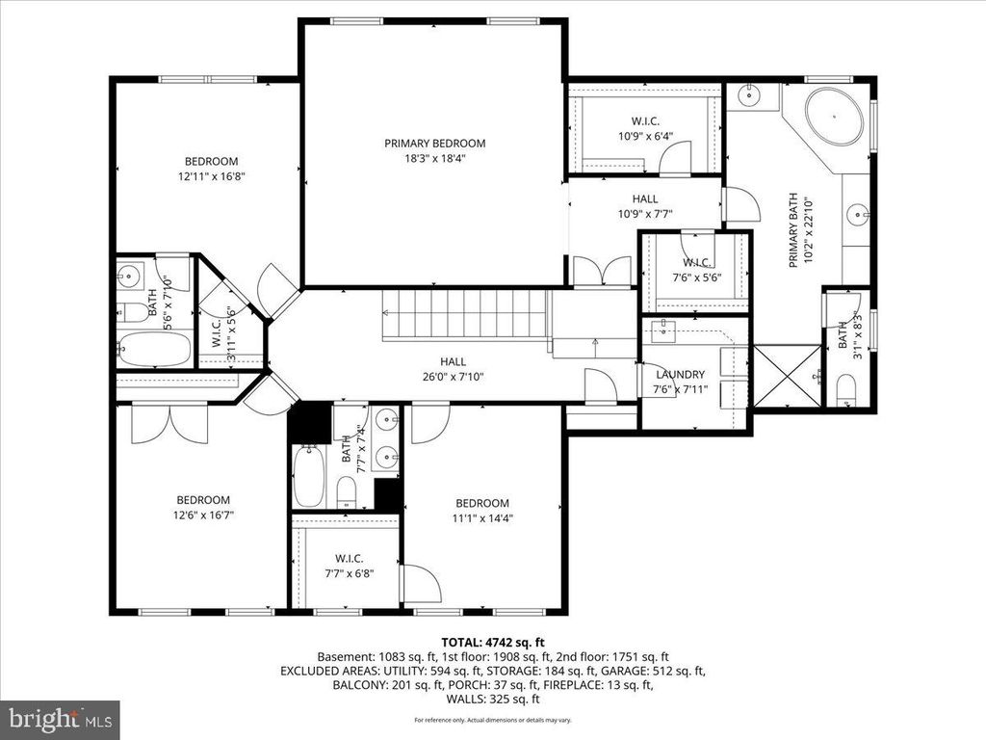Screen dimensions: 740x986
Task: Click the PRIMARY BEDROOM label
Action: [434, 144]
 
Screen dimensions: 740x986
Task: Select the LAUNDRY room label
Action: [681, 374]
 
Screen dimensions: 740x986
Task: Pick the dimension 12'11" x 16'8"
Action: [211, 177]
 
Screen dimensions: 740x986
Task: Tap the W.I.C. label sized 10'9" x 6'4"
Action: [645, 121]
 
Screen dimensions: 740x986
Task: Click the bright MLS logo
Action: [60, 719]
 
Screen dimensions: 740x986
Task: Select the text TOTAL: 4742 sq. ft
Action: [493, 642]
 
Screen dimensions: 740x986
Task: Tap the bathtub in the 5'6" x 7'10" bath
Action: [154, 349]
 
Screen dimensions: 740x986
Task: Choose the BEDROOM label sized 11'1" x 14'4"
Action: [481, 503]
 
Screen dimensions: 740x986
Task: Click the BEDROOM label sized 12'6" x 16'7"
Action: [203, 499]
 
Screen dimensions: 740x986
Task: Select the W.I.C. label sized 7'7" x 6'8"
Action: [348, 558]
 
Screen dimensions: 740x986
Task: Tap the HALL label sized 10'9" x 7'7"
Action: [645, 198]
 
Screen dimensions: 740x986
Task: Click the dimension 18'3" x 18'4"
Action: [434, 160]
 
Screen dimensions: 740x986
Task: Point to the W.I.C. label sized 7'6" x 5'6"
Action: [695, 263]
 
